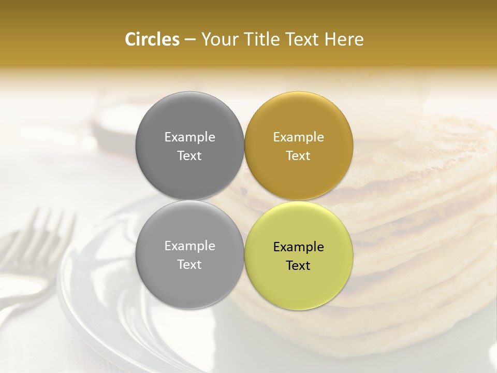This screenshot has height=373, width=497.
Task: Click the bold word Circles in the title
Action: click(152, 39)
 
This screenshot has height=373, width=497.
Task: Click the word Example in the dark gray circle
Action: click(189, 137)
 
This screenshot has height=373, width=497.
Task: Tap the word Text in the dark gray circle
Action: click(189, 156)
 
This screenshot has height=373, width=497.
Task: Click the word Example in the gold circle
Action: click(299, 137)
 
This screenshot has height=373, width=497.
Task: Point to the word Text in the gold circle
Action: click(299, 156)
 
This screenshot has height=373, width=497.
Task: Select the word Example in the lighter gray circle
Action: click(189, 246)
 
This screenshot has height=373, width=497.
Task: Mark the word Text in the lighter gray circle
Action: click(189, 265)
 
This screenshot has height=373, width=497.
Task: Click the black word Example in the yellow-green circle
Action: click(299, 247)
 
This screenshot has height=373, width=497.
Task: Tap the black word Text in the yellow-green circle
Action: click(299, 266)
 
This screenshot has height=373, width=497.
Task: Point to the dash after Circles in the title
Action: click(189, 40)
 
